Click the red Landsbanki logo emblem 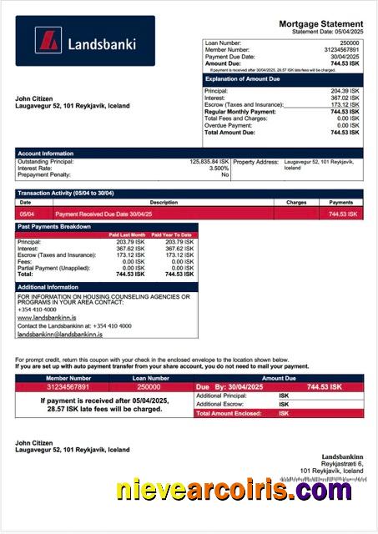49,41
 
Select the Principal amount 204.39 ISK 345,91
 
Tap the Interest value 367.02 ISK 345,98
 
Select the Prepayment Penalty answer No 224,175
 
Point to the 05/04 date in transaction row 25,214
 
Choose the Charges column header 296,202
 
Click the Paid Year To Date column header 175,235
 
